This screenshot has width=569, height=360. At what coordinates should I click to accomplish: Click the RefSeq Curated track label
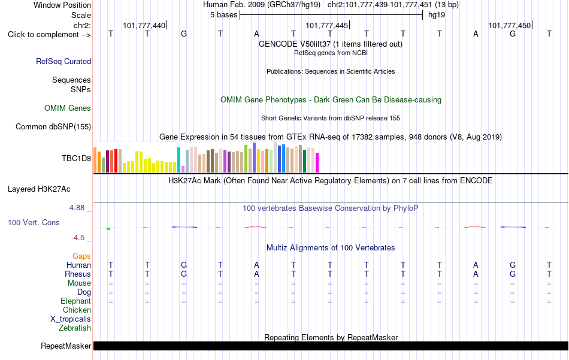63,61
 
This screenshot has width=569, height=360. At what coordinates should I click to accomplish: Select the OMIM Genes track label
68,108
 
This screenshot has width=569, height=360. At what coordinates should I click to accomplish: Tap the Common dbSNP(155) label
53,126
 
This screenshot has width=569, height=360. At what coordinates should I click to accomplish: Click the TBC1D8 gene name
76,158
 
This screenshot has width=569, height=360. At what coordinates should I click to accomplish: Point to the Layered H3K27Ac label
39,189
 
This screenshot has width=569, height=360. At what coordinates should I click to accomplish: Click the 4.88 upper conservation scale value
77,208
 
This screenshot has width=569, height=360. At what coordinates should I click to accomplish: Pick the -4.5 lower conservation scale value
78,238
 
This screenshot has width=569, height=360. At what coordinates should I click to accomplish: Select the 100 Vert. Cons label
34,222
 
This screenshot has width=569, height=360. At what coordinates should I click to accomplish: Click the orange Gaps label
81,256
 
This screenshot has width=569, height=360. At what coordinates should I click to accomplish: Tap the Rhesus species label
78,274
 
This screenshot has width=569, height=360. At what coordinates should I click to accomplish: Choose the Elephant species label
76,301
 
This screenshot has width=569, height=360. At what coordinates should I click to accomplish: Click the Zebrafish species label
75,328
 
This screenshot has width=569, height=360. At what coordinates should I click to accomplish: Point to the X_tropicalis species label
71,319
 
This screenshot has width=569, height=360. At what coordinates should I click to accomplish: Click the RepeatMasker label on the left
66,346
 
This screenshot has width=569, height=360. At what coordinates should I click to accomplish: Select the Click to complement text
44,35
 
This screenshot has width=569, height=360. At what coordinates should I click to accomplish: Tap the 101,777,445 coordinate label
326,25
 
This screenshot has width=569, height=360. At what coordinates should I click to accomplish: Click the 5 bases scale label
223,15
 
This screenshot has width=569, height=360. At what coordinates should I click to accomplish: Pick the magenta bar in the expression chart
317,162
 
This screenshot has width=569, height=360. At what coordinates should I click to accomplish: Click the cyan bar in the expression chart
178,160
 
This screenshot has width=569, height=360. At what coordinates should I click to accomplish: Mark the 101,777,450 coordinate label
510,25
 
